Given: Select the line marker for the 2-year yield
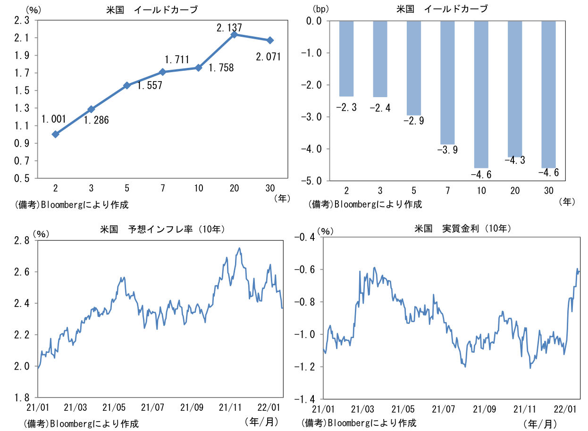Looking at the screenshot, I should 56,134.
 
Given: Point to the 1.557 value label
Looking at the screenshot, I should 150,86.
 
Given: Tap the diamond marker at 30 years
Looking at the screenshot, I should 269,41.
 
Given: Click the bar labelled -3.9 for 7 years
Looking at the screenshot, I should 447,83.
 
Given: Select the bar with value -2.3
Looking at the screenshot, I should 346,58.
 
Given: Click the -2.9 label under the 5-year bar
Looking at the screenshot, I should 413,121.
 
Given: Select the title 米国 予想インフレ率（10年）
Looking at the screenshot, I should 162,230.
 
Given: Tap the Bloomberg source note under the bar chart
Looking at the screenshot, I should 365,204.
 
